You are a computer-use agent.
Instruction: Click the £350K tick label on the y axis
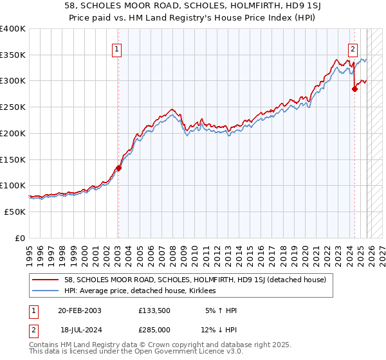point(12,55)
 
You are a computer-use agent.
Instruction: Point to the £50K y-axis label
point(14,212)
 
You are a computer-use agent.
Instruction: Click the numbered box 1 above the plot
point(117,48)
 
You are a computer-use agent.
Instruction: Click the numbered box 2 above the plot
point(353,48)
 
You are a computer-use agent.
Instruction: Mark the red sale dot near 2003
point(118,168)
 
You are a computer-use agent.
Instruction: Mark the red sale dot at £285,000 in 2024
point(354,89)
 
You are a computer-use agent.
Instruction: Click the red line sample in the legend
point(46,280)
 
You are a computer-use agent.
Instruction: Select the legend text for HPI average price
point(140,291)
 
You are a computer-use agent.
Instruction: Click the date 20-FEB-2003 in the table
point(79,310)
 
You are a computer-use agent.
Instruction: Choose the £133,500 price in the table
point(154,310)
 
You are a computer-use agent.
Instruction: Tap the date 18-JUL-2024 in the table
point(79,329)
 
